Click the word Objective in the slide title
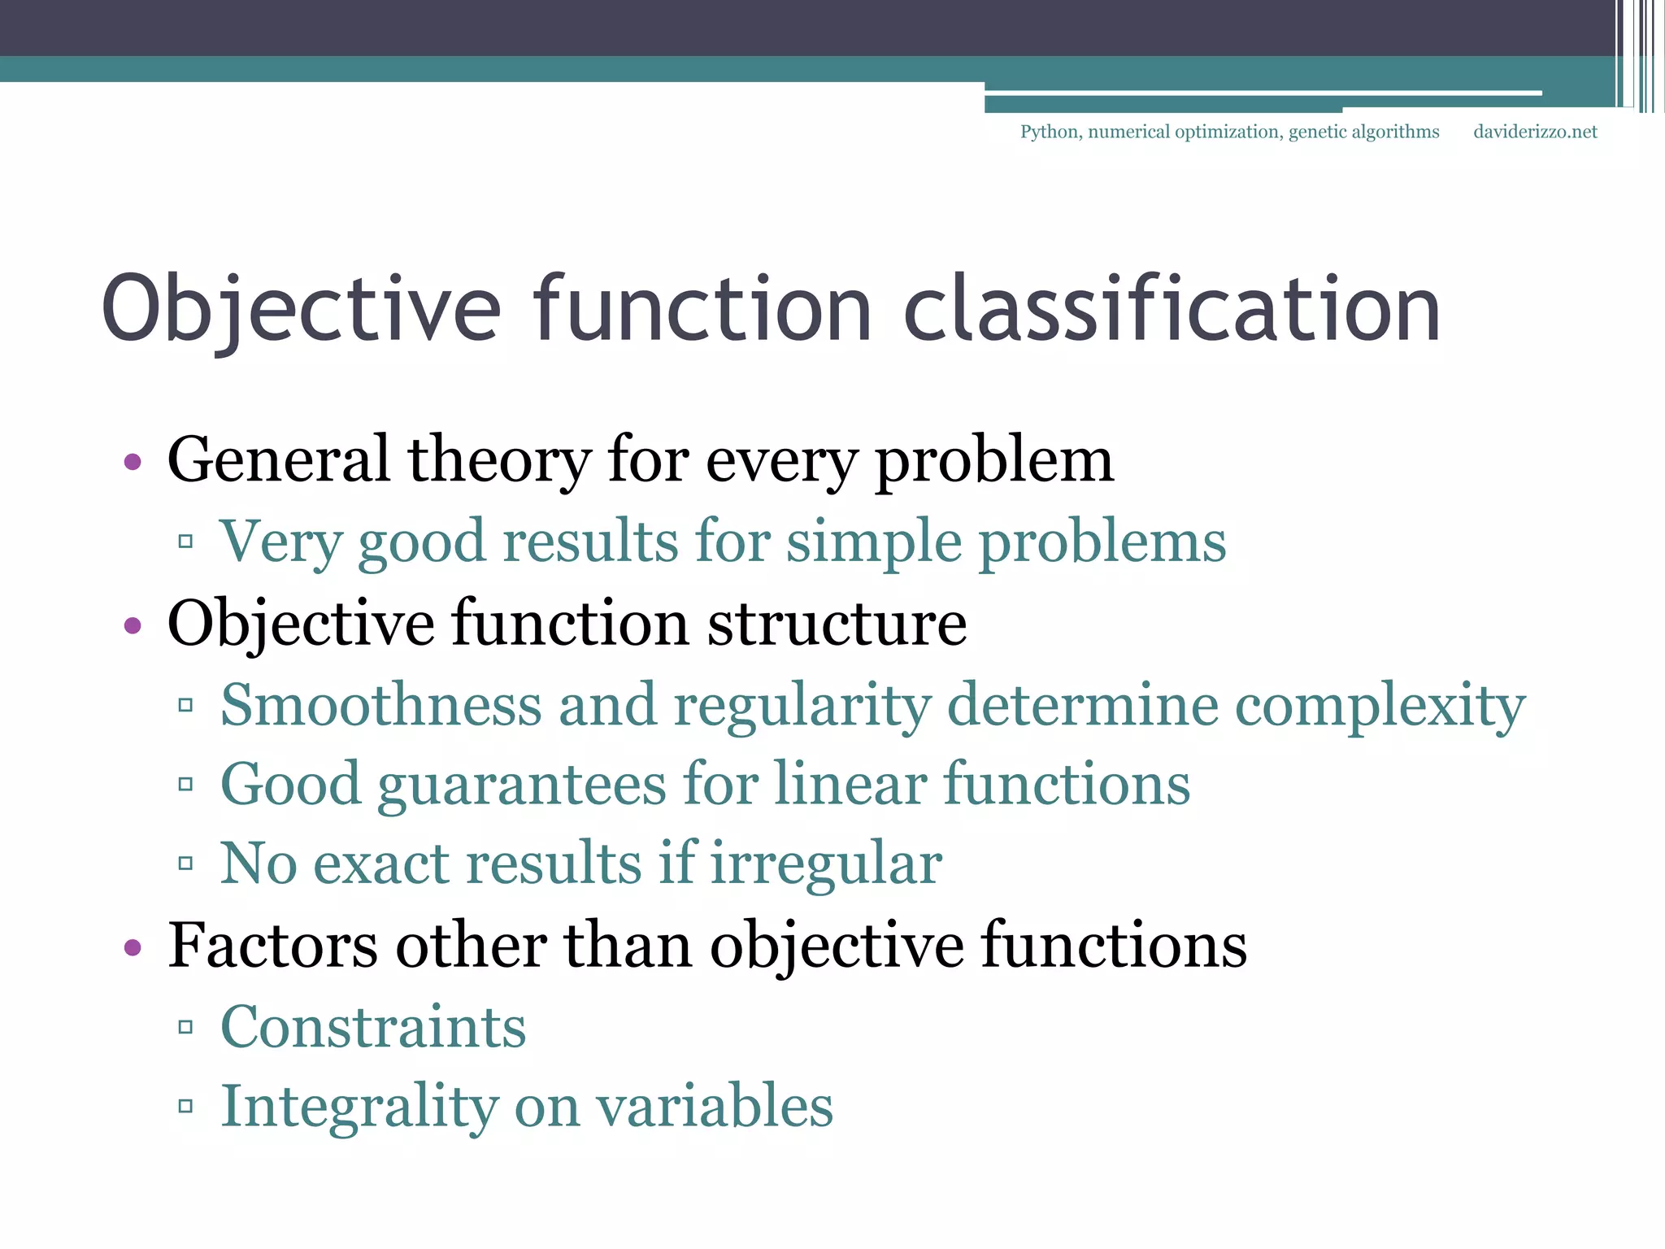(301, 311)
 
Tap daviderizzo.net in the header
(1535, 132)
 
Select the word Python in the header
(1050, 132)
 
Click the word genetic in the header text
(1317, 132)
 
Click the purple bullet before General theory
(133, 463)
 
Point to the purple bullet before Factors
(133, 947)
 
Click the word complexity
(1380, 706)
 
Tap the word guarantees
(522, 786)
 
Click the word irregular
(826, 864)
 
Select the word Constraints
(373, 1027)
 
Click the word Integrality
(360, 1108)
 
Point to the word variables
(715, 1107)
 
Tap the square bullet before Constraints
(185, 1028)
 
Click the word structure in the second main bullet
(837, 624)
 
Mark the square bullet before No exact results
(185, 864)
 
